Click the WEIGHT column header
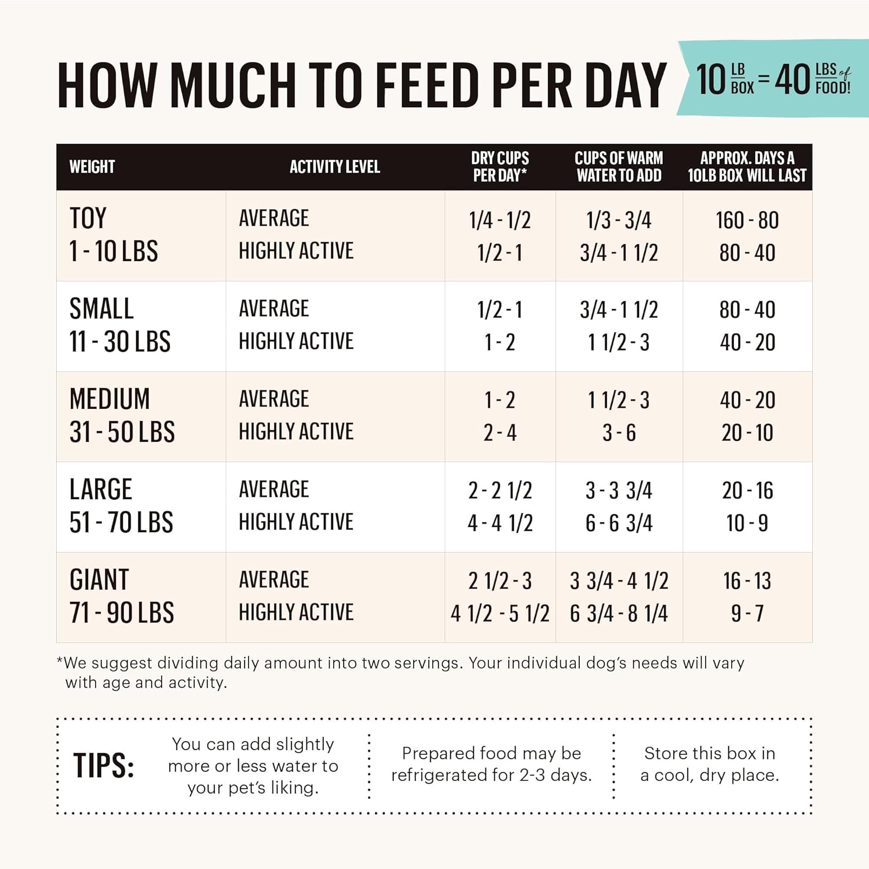pyautogui.click(x=92, y=167)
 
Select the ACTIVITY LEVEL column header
pyautogui.click(x=335, y=167)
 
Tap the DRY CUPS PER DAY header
pyautogui.click(x=499, y=167)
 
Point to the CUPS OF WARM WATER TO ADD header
pyautogui.click(x=619, y=167)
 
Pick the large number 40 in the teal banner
pyautogui.click(x=793, y=79)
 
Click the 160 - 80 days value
pyautogui.click(x=747, y=220)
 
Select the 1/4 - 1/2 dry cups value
pyautogui.click(x=499, y=220)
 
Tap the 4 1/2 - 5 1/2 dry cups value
pyautogui.click(x=499, y=614)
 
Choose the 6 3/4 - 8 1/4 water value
pyautogui.click(x=619, y=614)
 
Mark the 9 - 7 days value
pyautogui.click(x=747, y=614)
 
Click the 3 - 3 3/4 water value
pyautogui.click(x=619, y=491)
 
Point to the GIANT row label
pyautogui.click(x=99, y=580)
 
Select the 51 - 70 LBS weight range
pyautogui.click(x=121, y=523)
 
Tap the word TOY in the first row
pyautogui.click(x=88, y=218)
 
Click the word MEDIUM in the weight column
pyautogui.click(x=109, y=399)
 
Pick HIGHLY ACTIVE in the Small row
pyautogui.click(x=296, y=341)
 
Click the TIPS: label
pyautogui.click(x=104, y=766)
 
